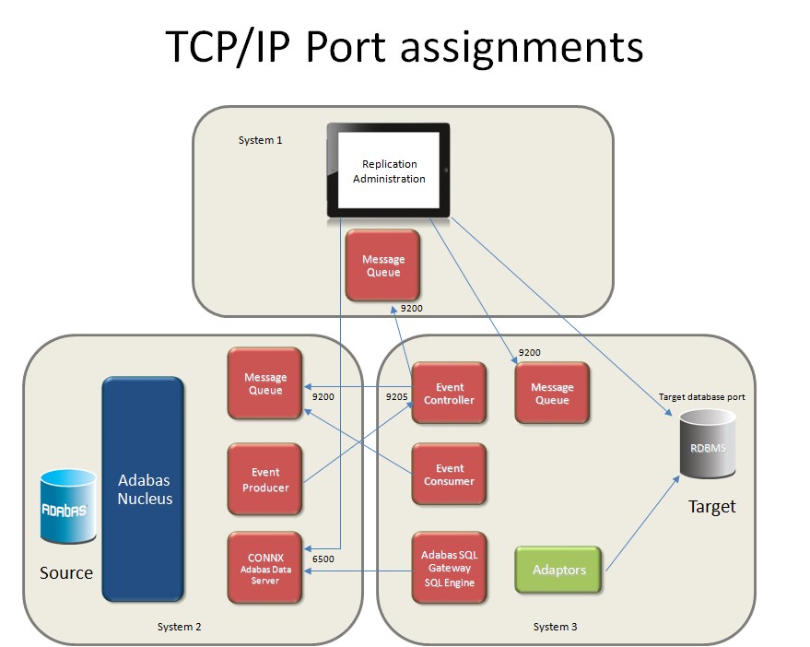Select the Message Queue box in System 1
(382, 265)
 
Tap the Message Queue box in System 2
(265, 383)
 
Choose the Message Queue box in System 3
(552, 394)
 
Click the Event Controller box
(449, 394)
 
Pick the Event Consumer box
(449, 475)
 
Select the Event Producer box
(265, 479)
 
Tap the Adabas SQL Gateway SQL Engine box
(449, 568)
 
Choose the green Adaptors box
(558, 570)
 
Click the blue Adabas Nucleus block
(143, 488)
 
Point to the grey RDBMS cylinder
(708, 447)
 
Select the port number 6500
(323, 559)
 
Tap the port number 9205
(395, 396)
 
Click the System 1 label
(260, 140)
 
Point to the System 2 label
(179, 627)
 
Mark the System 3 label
(555, 627)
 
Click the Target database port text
(701, 396)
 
